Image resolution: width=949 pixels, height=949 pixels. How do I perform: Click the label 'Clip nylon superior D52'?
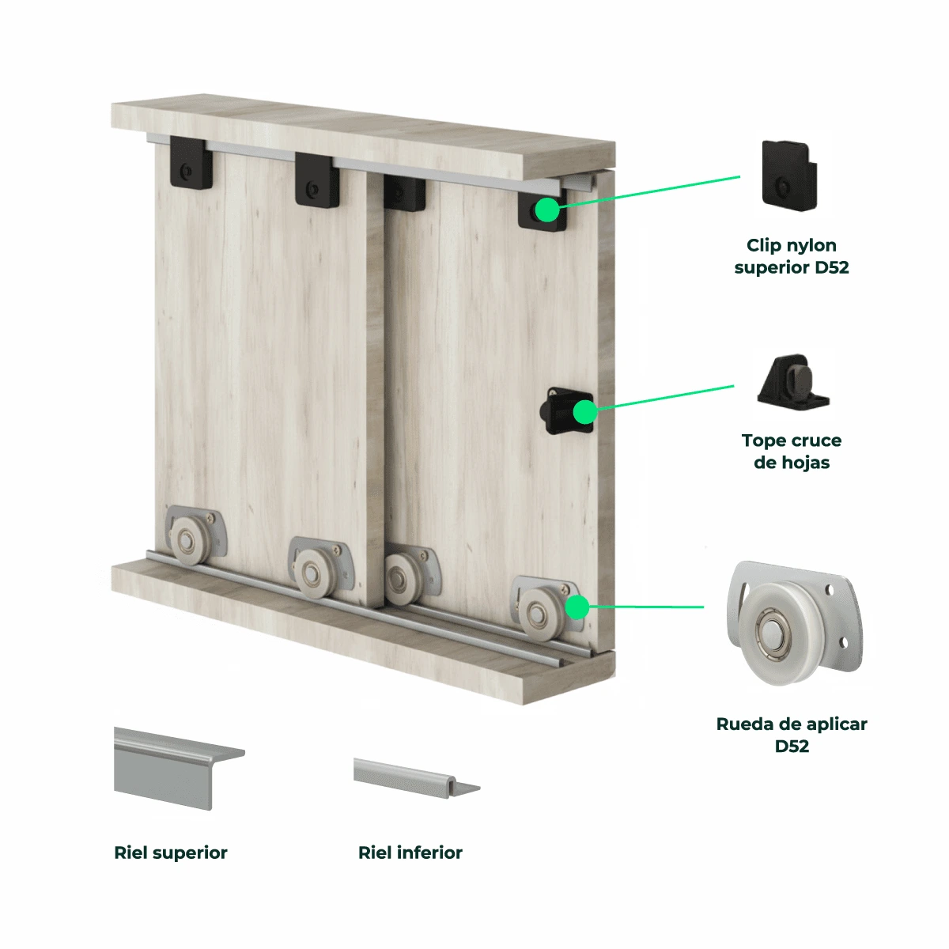(791, 256)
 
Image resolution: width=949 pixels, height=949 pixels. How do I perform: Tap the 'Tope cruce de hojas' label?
(791, 451)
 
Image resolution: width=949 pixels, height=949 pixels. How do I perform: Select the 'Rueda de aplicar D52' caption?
(791, 735)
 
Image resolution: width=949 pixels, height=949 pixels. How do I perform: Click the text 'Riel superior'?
(170, 853)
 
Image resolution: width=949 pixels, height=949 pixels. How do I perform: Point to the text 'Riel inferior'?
(410, 853)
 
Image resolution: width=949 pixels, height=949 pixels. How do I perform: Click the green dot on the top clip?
(547, 210)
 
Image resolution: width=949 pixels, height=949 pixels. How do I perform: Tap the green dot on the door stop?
(585, 412)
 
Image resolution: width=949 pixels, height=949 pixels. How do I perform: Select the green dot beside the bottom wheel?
(577, 607)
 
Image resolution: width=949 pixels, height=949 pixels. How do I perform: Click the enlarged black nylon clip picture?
(789, 176)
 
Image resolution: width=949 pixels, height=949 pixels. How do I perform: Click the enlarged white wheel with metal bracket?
(793, 623)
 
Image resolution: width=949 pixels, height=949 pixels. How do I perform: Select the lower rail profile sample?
(416, 777)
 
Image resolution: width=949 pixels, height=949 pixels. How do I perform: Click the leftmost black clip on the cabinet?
(191, 163)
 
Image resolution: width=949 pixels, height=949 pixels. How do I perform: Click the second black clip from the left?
(317, 180)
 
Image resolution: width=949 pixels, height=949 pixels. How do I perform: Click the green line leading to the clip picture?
(649, 191)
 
